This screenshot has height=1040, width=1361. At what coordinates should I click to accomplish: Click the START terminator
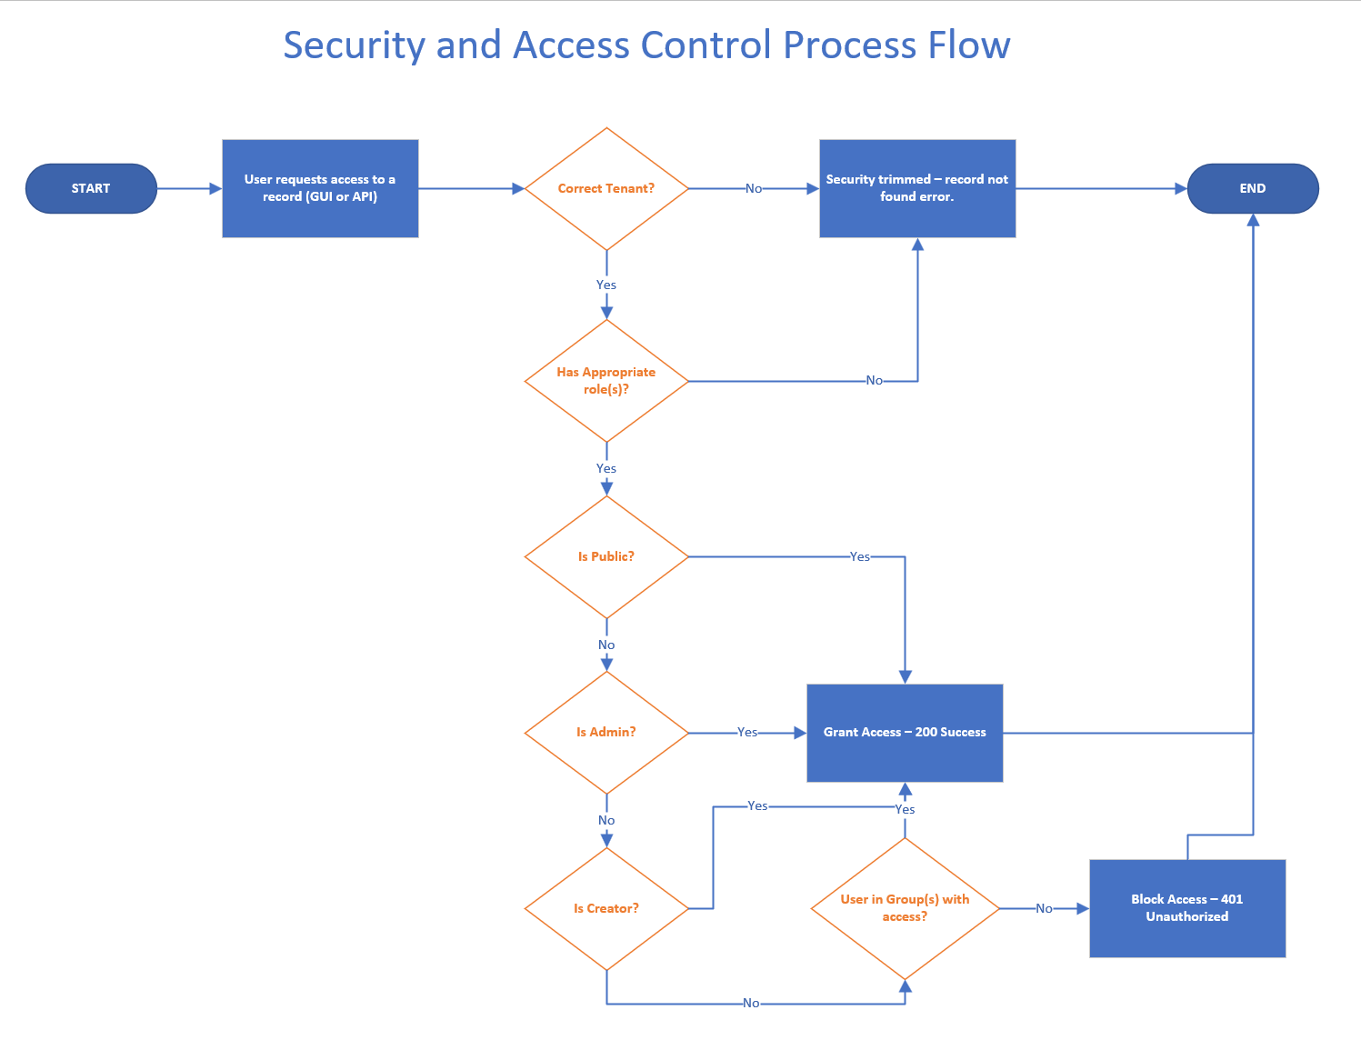tap(91, 188)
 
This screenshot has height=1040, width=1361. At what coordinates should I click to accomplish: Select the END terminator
tap(1252, 188)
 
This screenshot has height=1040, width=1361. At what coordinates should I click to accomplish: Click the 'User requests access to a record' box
tap(320, 188)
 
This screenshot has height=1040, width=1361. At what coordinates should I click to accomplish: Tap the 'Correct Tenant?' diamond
tap(606, 188)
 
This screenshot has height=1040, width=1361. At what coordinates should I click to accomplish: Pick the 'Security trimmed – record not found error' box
tap(917, 188)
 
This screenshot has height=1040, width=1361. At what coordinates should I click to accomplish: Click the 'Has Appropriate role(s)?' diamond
tap(606, 381)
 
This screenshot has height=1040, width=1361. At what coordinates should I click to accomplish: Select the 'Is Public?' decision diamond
tap(606, 556)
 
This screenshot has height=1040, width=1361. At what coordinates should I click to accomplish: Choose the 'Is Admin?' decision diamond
tap(606, 732)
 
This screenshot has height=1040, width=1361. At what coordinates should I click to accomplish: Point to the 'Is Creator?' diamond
tap(606, 908)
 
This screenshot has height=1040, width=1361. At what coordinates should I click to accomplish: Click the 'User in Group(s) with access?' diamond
tap(905, 908)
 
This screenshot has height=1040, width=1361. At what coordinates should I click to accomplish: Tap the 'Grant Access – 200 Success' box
tap(905, 732)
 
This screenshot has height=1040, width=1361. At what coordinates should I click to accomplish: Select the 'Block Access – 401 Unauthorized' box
tap(1187, 908)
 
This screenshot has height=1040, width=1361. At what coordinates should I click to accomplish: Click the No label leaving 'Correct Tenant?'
tap(754, 188)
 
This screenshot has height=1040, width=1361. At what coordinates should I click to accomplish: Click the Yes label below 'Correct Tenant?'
tap(606, 285)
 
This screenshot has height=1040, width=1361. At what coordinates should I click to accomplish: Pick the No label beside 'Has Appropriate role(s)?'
tap(874, 380)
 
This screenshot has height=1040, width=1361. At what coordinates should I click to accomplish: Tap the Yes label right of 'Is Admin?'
tap(747, 732)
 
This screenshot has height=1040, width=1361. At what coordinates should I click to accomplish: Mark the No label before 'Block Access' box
tap(1044, 908)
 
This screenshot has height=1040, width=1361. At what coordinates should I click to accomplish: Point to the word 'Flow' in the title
tap(968, 45)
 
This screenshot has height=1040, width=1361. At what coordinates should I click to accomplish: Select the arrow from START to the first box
tap(189, 188)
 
